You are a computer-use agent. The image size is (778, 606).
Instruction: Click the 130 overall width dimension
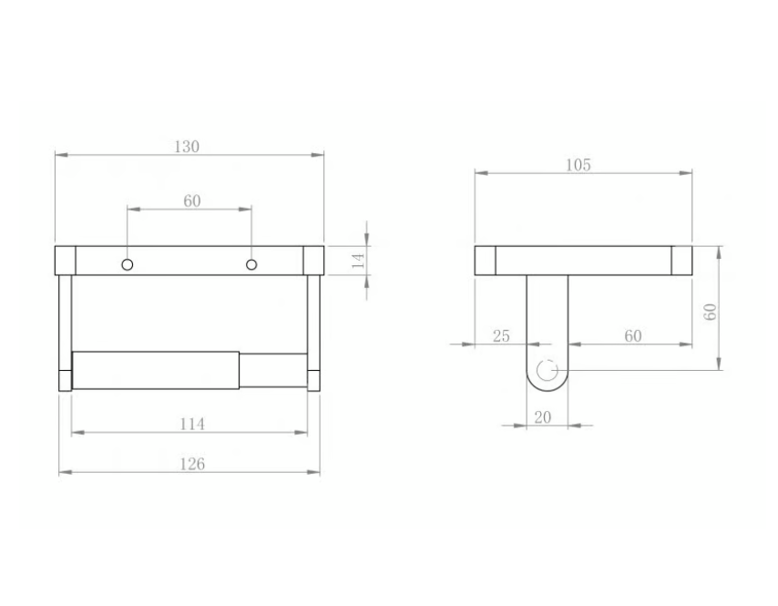pyautogui.click(x=187, y=147)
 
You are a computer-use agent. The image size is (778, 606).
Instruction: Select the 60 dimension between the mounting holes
pyautogui.click(x=191, y=200)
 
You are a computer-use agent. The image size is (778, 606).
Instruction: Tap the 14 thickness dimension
pyautogui.click(x=358, y=259)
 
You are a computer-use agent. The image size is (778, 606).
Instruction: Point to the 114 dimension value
pyautogui.click(x=191, y=424)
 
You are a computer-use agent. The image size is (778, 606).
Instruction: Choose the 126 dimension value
pyautogui.click(x=190, y=464)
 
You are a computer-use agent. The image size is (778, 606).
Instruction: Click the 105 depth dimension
pyautogui.click(x=578, y=165)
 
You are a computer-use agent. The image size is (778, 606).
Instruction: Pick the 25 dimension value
pyautogui.click(x=501, y=336)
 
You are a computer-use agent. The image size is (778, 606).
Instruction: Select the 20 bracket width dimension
pyautogui.click(x=543, y=416)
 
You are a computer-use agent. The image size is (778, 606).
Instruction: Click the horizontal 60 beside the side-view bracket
pyautogui.click(x=633, y=336)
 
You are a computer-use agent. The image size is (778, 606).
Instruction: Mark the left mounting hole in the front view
pyautogui.click(x=128, y=265)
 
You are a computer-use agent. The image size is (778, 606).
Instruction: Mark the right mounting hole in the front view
pyautogui.click(x=251, y=265)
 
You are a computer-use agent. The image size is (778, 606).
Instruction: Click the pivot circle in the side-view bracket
pyautogui.click(x=548, y=371)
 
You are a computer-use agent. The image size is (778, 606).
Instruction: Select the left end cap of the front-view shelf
pyautogui.click(x=65, y=260)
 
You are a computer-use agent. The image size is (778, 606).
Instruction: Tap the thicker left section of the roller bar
pyautogui.click(x=155, y=370)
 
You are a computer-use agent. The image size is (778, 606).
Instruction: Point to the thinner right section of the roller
pyautogui.click(x=272, y=371)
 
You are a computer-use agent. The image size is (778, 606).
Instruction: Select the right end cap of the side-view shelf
pyautogui.click(x=683, y=260)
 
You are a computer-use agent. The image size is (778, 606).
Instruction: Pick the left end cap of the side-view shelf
pyautogui.click(x=485, y=260)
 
